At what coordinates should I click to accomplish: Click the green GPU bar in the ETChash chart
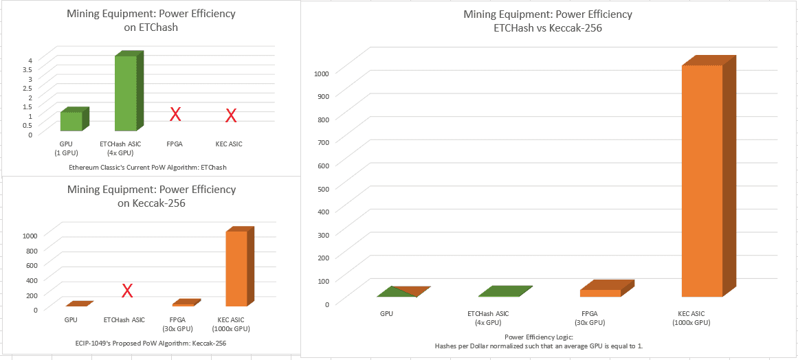click(x=71, y=121)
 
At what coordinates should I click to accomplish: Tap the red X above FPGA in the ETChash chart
click(x=175, y=114)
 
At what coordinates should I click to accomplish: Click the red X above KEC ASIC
click(x=232, y=115)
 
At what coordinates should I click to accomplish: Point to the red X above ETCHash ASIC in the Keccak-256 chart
click(x=127, y=291)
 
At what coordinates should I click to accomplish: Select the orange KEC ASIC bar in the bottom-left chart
click(x=236, y=268)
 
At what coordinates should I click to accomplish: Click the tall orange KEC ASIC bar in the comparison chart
click(x=702, y=181)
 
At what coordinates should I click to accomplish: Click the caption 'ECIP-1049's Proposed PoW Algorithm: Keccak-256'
click(x=151, y=343)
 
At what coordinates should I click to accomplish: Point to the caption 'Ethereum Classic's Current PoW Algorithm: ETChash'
click(x=148, y=167)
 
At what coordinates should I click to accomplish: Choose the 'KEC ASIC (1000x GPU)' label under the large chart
click(x=695, y=317)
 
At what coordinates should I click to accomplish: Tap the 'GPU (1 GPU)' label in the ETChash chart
click(x=67, y=148)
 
